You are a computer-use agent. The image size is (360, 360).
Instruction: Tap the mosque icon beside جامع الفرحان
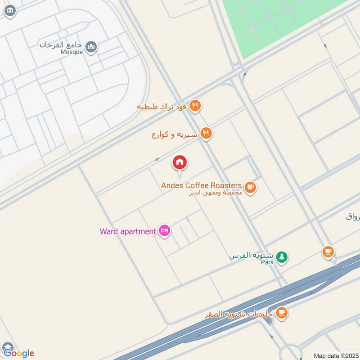coord(91,47)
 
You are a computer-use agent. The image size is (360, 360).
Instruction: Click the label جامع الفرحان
coord(62,45)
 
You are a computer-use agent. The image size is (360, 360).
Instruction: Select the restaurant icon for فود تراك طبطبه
coord(195,106)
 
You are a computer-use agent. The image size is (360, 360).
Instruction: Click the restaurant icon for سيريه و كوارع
coord(206,133)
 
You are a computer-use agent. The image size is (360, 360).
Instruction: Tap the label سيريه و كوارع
coord(174,134)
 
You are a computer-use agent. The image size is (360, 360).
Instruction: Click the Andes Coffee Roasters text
coord(202,185)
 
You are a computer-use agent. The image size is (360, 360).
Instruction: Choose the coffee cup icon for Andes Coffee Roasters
coord(251,188)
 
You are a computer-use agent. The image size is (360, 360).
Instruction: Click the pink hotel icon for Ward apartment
coord(165,231)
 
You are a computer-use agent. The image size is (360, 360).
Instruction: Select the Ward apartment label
coord(128,232)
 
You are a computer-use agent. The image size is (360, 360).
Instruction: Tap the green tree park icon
coord(282,257)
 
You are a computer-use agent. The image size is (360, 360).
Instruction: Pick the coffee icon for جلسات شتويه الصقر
coord(282,313)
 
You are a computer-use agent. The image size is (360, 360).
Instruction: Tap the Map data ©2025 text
coord(335,355)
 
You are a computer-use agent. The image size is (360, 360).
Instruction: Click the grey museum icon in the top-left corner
coord(10,11)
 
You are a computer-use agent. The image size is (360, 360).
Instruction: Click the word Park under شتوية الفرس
coord(267,262)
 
